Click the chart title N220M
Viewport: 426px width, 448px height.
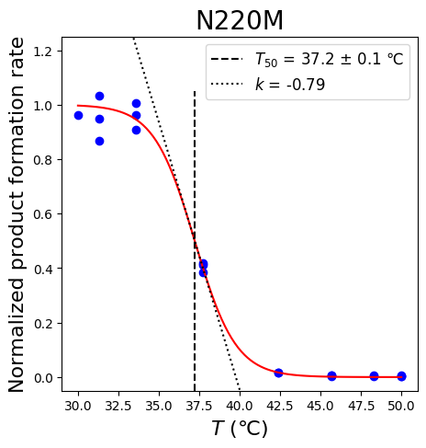[240, 20]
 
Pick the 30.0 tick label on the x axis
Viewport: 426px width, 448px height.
[78, 406]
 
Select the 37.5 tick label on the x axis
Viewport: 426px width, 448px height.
[199, 406]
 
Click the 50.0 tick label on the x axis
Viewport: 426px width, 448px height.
[401, 406]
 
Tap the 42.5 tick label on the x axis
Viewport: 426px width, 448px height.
[280, 406]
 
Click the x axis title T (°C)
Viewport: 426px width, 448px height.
[240, 428]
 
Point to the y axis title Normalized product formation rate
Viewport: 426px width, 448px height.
[16, 214]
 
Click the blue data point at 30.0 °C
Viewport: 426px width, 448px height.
[78, 116]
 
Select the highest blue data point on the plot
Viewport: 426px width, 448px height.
[99, 97]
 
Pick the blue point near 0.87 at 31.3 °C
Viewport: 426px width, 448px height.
[99, 142]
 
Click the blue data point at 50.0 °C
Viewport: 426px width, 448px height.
[401, 376]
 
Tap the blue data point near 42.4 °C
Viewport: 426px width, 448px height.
[278, 373]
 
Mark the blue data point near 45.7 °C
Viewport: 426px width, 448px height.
[331, 376]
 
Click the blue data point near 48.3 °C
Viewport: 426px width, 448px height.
[374, 376]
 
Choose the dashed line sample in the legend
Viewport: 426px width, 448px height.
[227, 59]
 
